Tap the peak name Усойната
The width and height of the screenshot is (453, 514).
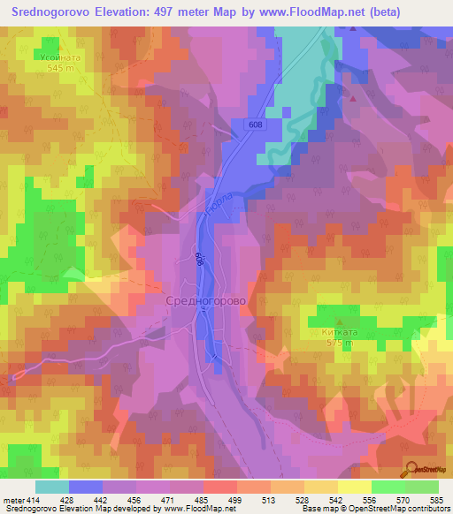60,57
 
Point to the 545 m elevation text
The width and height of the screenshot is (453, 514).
60,67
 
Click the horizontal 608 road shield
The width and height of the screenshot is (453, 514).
255,125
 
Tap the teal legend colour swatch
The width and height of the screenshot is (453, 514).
51,487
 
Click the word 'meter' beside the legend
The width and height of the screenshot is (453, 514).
14,500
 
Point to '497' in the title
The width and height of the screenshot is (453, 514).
162,12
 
